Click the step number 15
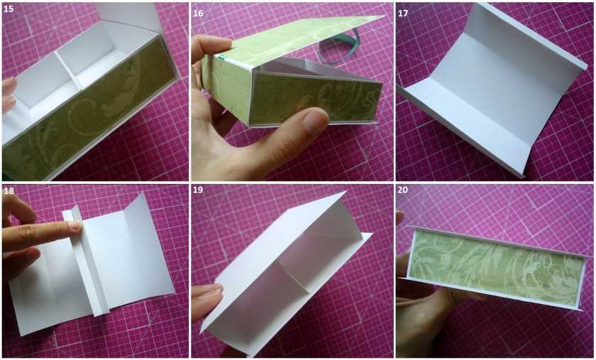click(9, 9)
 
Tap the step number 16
click(198, 13)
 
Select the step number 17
click(403, 13)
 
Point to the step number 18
click(9, 191)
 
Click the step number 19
click(198, 190)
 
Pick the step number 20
click(403, 190)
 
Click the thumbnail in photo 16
click(315, 121)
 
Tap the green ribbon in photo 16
click(338, 48)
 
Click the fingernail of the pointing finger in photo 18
click(76, 227)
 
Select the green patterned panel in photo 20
click(495, 268)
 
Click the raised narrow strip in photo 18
click(86, 263)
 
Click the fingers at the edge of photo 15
click(9, 95)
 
